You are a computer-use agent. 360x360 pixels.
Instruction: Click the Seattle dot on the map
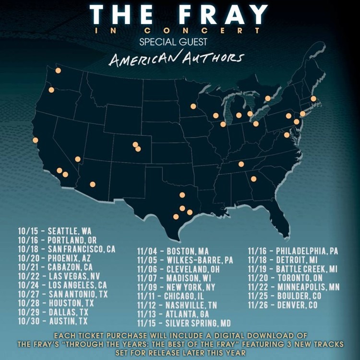(58, 71)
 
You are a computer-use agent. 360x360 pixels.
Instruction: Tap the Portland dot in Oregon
(51, 90)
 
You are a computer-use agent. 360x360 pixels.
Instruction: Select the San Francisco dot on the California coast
(35, 140)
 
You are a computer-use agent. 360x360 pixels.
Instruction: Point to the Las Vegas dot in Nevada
(77, 159)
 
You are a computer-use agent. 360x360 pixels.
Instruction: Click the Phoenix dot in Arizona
(92, 184)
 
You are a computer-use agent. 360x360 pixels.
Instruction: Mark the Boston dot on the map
(313, 99)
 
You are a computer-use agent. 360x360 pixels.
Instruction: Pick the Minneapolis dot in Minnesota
(193, 107)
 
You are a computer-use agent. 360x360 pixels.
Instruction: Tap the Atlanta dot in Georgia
(253, 179)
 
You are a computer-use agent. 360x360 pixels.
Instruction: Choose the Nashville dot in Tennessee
(241, 164)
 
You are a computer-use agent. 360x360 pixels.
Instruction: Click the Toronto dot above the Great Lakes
(268, 98)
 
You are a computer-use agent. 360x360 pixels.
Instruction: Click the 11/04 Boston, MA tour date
(173, 251)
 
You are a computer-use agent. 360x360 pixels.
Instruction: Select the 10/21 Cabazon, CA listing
(56, 267)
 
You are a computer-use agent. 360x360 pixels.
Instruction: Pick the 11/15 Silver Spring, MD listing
(184, 323)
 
